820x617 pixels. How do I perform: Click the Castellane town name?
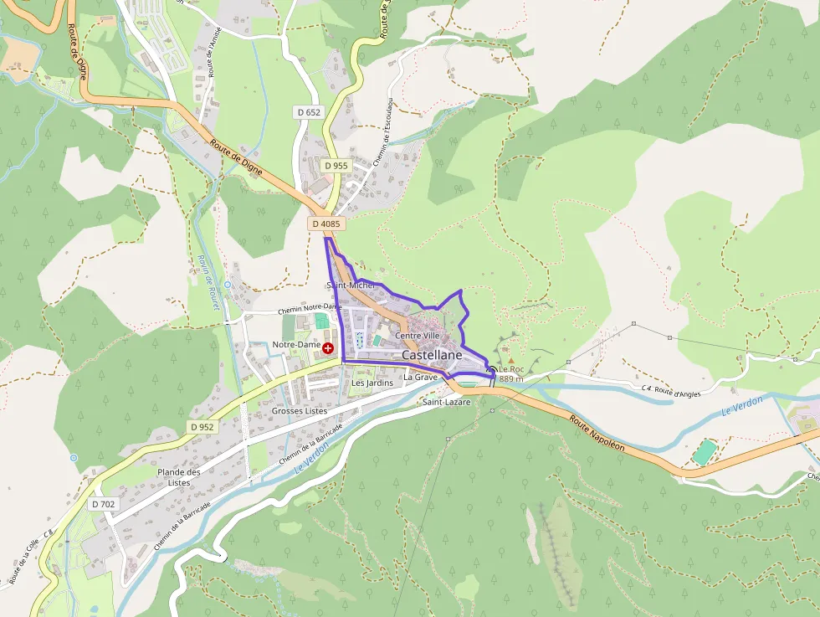pyautogui.click(x=432, y=355)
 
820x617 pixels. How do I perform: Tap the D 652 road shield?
pyautogui.click(x=308, y=111)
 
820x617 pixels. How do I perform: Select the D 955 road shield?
pyautogui.click(x=336, y=166)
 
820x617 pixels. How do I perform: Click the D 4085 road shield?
pyautogui.click(x=325, y=224)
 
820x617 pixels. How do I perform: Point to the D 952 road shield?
pyautogui.click(x=202, y=427)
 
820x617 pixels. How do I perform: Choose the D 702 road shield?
pyautogui.click(x=103, y=504)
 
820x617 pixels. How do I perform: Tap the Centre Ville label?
pyautogui.click(x=417, y=336)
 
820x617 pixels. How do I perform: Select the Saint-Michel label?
pyautogui.click(x=351, y=285)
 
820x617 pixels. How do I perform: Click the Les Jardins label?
pyautogui.click(x=372, y=383)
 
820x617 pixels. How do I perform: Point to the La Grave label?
pyautogui.click(x=420, y=378)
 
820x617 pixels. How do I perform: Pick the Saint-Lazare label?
pyautogui.click(x=446, y=402)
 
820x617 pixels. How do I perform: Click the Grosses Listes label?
pyautogui.click(x=299, y=411)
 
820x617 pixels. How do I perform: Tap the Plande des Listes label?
pyautogui.click(x=179, y=477)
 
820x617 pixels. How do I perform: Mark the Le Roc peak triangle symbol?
pyautogui.click(x=510, y=361)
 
